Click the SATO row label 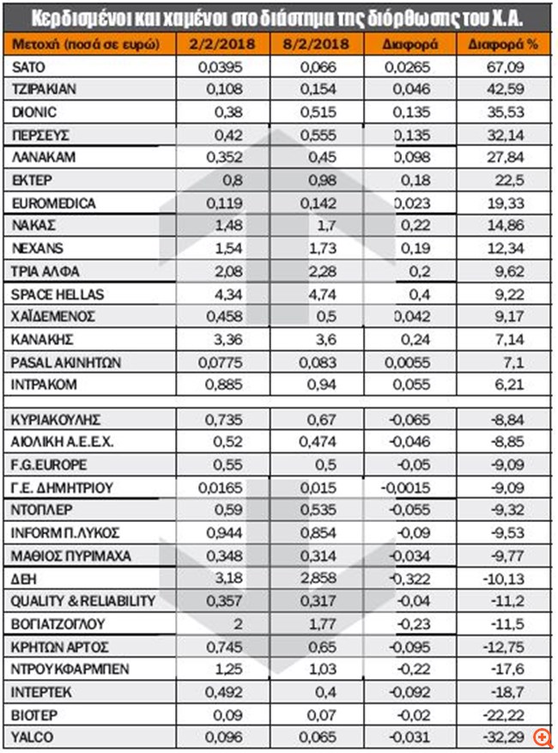click(27, 67)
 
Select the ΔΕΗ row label click(24, 578)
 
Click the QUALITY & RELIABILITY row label click(82, 600)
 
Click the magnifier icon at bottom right click(542, 738)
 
